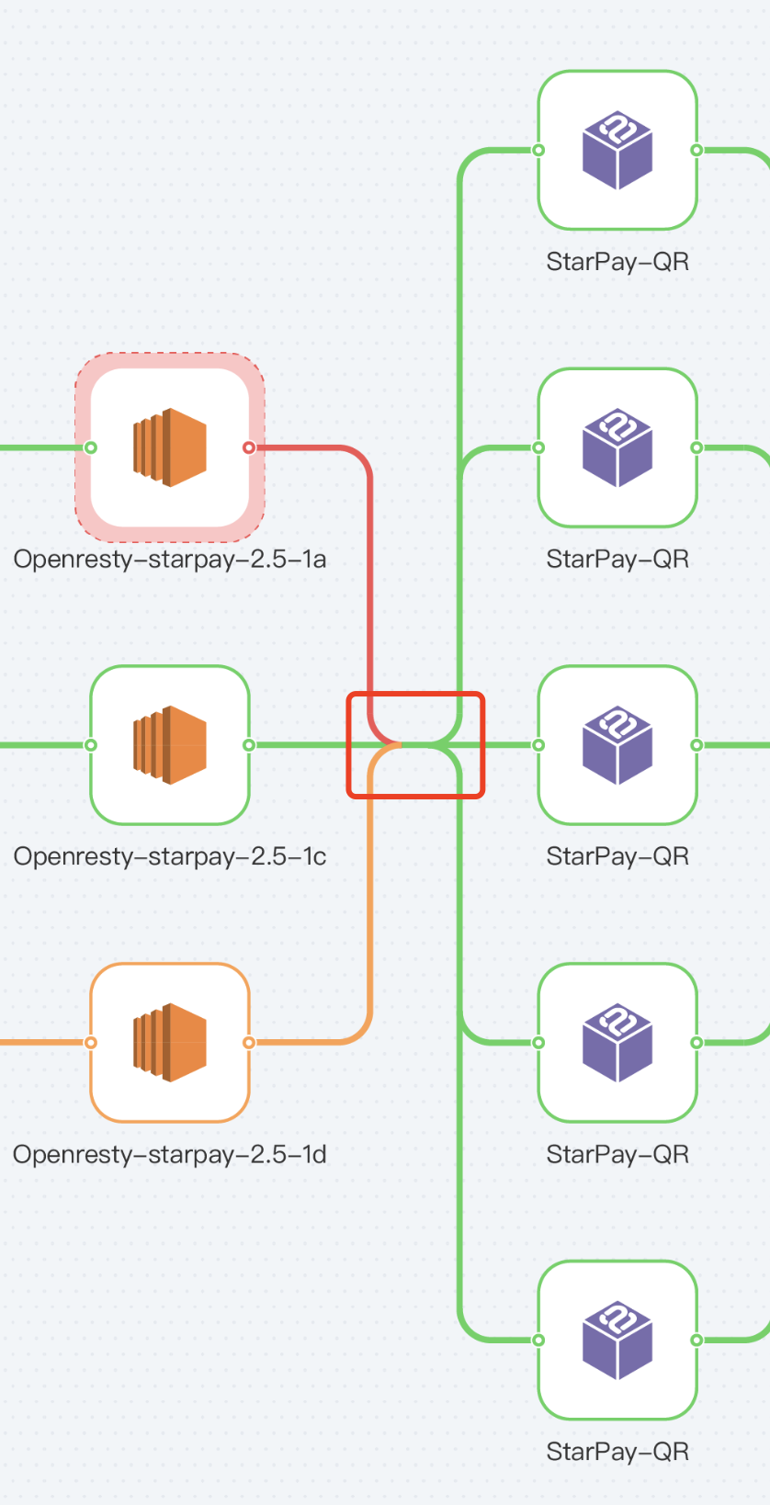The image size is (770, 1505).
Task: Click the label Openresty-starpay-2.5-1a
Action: click(x=170, y=559)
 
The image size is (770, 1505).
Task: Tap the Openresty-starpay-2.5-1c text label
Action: click(x=170, y=856)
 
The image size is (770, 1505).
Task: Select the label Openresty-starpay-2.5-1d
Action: click(x=170, y=1154)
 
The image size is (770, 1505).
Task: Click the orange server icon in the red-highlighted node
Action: click(x=170, y=447)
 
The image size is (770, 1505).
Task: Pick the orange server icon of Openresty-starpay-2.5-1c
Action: click(x=170, y=745)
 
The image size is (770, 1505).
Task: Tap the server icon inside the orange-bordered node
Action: click(x=170, y=1043)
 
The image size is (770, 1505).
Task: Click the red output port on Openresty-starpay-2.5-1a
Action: click(x=249, y=447)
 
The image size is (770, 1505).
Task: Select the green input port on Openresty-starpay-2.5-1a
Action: click(x=91, y=447)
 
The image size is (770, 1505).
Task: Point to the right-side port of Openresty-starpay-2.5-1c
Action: click(x=249, y=745)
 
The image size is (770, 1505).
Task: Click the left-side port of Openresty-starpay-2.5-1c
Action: click(x=91, y=745)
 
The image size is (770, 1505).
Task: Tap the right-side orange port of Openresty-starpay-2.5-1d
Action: click(x=249, y=1043)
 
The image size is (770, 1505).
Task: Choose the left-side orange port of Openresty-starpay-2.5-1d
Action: click(x=91, y=1043)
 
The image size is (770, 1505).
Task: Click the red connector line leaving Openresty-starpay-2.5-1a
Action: click(x=369, y=578)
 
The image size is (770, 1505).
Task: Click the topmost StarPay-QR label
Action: click(x=617, y=261)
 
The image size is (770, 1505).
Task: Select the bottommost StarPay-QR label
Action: click(x=617, y=1452)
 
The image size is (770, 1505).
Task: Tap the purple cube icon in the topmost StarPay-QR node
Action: click(x=617, y=150)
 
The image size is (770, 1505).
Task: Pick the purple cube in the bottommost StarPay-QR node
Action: click(x=617, y=1341)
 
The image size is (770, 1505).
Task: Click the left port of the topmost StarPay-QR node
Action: click(x=538, y=150)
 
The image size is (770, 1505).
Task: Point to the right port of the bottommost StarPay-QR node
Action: click(x=696, y=1341)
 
